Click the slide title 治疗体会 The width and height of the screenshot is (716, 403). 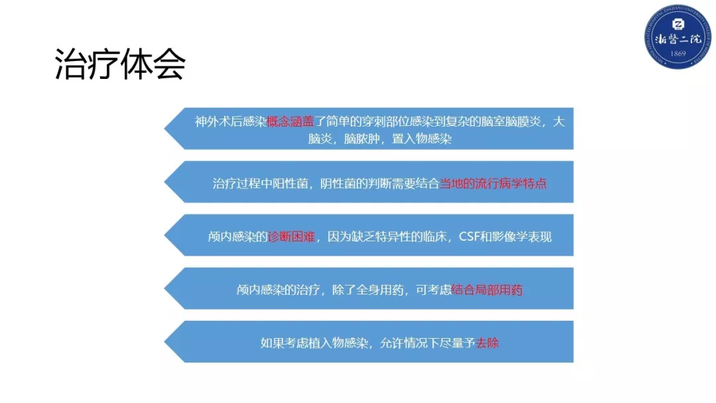click(x=120, y=64)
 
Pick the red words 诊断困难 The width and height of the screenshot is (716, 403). click(x=292, y=237)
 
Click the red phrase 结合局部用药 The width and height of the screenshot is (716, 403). click(x=487, y=290)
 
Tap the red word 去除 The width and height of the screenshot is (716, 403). click(x=487, y=343)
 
